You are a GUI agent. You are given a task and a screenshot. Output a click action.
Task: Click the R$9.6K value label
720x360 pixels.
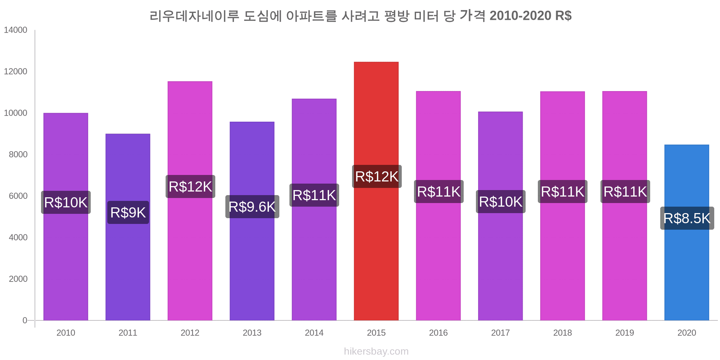[252, 207]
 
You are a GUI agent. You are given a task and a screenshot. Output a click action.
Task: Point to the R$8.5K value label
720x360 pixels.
[687, 218]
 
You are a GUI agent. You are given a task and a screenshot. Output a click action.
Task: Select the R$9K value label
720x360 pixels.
[128, 212]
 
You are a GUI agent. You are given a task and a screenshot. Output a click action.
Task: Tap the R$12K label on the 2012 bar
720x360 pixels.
[190, 186]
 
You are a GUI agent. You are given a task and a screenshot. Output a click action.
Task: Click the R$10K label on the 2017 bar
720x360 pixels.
[500, 202]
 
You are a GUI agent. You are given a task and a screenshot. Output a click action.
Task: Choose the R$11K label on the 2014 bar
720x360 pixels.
[314, 195]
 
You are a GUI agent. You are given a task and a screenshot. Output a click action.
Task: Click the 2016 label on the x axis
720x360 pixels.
[438, 333]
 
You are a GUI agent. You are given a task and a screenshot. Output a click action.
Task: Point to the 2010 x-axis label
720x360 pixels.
[66, 333]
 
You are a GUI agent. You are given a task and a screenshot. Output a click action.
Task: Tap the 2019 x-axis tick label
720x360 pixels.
[625, 333]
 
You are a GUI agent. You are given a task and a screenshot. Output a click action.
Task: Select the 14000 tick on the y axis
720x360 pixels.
[15, 30]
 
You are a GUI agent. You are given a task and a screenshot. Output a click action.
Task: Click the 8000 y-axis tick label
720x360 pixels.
[18, 154]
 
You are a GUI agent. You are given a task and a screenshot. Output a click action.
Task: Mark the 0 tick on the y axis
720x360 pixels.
[25, 320]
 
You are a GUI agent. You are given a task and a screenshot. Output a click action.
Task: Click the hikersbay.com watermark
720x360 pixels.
[376, 351]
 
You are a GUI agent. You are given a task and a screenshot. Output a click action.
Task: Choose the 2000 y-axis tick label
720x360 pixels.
[18, 279]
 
